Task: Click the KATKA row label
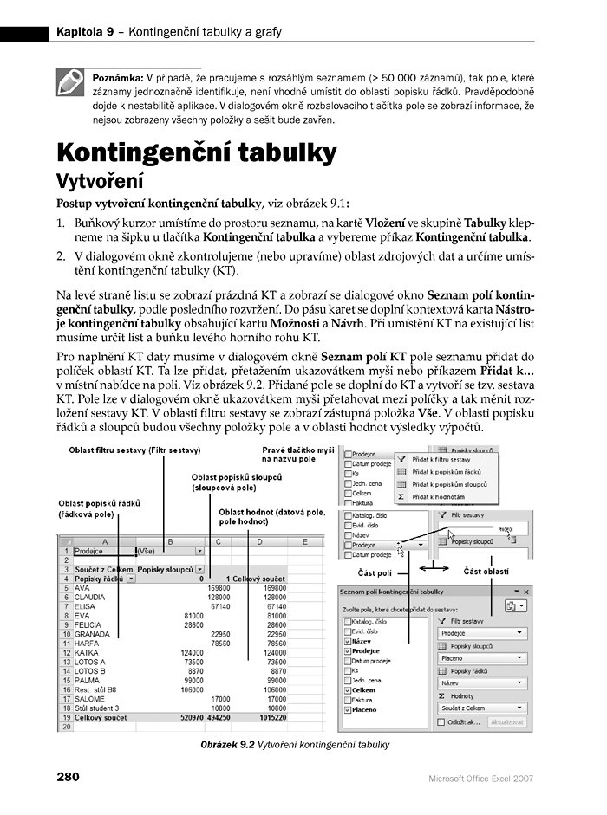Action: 88,652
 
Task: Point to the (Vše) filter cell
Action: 147,550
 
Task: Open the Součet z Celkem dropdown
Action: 484,708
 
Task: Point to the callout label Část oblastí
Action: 485,572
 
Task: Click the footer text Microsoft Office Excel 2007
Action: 480,778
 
